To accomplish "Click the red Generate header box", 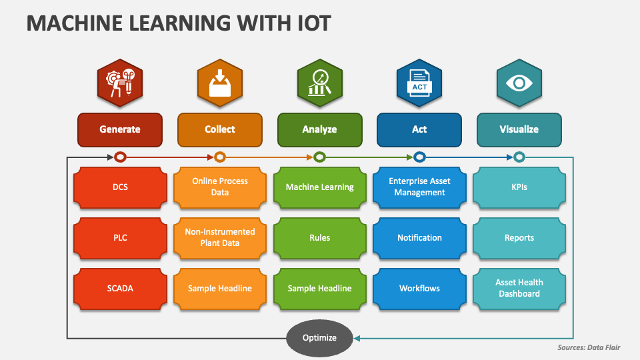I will (120, 129).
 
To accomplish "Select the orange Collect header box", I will (220, 129).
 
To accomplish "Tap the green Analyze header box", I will (319, 129).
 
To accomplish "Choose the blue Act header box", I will (419, 129).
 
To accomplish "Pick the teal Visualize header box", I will (519, 129).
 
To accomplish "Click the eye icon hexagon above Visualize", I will (519, 83).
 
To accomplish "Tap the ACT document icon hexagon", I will (419, 83).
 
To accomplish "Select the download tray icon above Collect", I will (220, 83).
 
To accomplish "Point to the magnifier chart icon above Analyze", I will (319, 83).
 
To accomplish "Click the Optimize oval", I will (319, 338).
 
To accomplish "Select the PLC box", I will (120, 237).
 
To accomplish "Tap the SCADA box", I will (120, 288).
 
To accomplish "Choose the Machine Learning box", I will (319, 187).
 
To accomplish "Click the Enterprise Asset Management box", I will (419, 187).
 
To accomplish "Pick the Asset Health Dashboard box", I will (519, 288).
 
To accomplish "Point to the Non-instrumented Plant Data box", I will (220, 237).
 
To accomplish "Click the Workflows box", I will (419, 288).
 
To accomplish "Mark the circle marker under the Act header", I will (419, 157).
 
